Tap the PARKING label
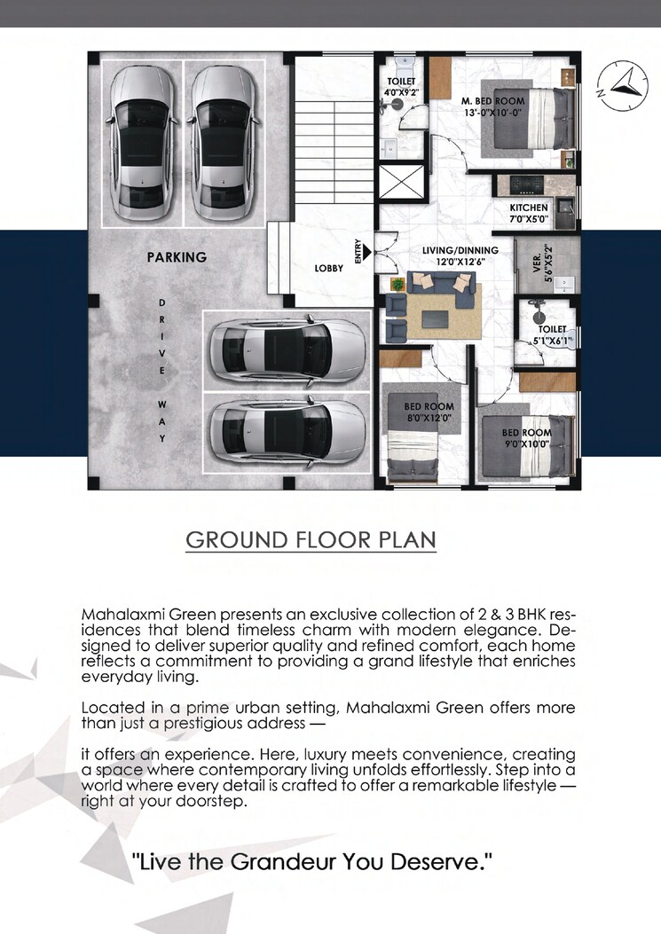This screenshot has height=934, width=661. click(x=177, y=257)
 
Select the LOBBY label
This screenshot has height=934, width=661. click(x=328, y=268)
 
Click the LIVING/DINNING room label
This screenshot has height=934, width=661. click(x=460, y=255)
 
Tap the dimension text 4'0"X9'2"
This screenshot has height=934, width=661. click(x=400, y=91)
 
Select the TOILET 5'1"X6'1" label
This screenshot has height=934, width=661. click(x=552, y=334)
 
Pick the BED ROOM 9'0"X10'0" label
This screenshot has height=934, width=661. click(x=527, y=438)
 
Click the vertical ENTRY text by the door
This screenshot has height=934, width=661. click(x=358, y=252)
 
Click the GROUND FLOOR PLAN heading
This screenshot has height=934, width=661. click(x=311, y=541)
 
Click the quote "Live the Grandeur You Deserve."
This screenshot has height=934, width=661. click(x=311, y=860)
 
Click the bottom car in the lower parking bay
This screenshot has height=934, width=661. click(x=286, y=432)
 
